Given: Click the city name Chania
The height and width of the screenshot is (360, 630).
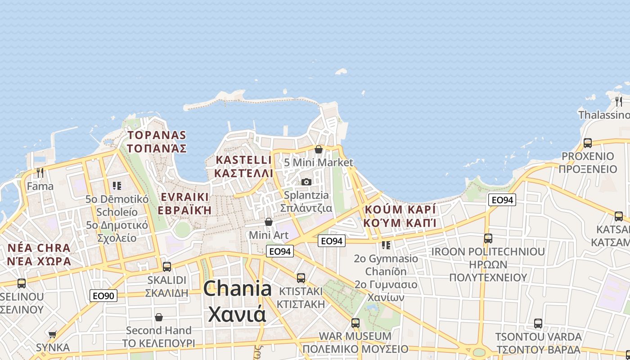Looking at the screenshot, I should click(237, 288).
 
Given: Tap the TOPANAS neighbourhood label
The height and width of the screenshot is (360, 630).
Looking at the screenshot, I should click(157, 135).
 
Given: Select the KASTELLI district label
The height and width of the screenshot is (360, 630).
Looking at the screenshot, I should click(243, 160).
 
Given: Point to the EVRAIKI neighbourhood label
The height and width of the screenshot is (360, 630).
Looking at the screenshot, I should click(184, 197).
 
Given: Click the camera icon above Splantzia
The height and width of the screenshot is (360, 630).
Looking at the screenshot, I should click(306, 182).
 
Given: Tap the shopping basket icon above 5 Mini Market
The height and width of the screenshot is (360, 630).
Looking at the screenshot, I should click(319, 149).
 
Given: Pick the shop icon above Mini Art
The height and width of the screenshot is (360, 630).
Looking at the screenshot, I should click(269, 222).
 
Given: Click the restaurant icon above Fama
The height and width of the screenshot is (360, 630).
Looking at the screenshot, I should click(40, 172).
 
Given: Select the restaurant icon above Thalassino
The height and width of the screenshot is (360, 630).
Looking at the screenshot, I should click(619, 101).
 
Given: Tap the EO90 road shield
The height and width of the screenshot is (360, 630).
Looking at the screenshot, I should click(103, 296).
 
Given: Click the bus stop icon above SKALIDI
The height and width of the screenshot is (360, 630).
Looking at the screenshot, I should click(167, 266).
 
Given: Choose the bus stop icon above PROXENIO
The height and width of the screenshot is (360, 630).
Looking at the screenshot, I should click(588, 143).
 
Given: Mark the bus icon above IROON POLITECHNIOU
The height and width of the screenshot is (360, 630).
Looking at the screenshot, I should click(488, 238).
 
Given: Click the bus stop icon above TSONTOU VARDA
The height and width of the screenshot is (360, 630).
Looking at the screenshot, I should click(538, 323).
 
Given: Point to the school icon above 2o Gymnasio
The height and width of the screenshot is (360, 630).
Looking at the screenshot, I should click(386, 245).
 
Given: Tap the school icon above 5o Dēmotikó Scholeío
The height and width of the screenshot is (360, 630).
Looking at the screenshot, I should click(117, 185).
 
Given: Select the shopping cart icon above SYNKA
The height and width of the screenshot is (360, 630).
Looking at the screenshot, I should click(53, 334).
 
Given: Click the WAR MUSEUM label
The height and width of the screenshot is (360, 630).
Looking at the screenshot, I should click(355, 336).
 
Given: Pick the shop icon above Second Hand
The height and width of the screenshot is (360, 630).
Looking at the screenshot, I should click(159, 317).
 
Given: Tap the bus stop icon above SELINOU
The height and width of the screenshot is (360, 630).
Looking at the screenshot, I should click(22, 283).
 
